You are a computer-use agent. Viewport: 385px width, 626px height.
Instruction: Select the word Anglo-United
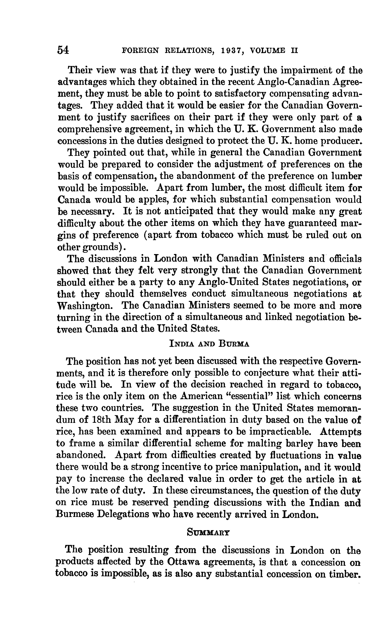pos(228,282)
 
